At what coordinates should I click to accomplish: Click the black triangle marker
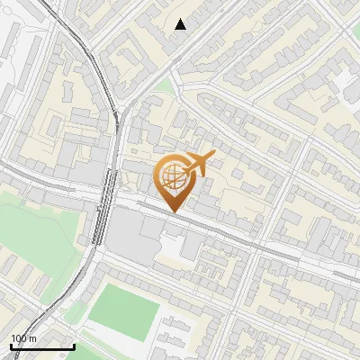[181, 24]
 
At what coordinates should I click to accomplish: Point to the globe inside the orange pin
[170, 176]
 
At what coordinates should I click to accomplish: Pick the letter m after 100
[33, 338]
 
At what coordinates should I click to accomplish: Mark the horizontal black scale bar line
[42, 346]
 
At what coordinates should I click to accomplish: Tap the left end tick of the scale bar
[11, 345]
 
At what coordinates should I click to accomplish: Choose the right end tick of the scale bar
[74, 345]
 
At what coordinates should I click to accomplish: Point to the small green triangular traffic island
[162, 86]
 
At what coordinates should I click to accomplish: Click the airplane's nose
[214, 157]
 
